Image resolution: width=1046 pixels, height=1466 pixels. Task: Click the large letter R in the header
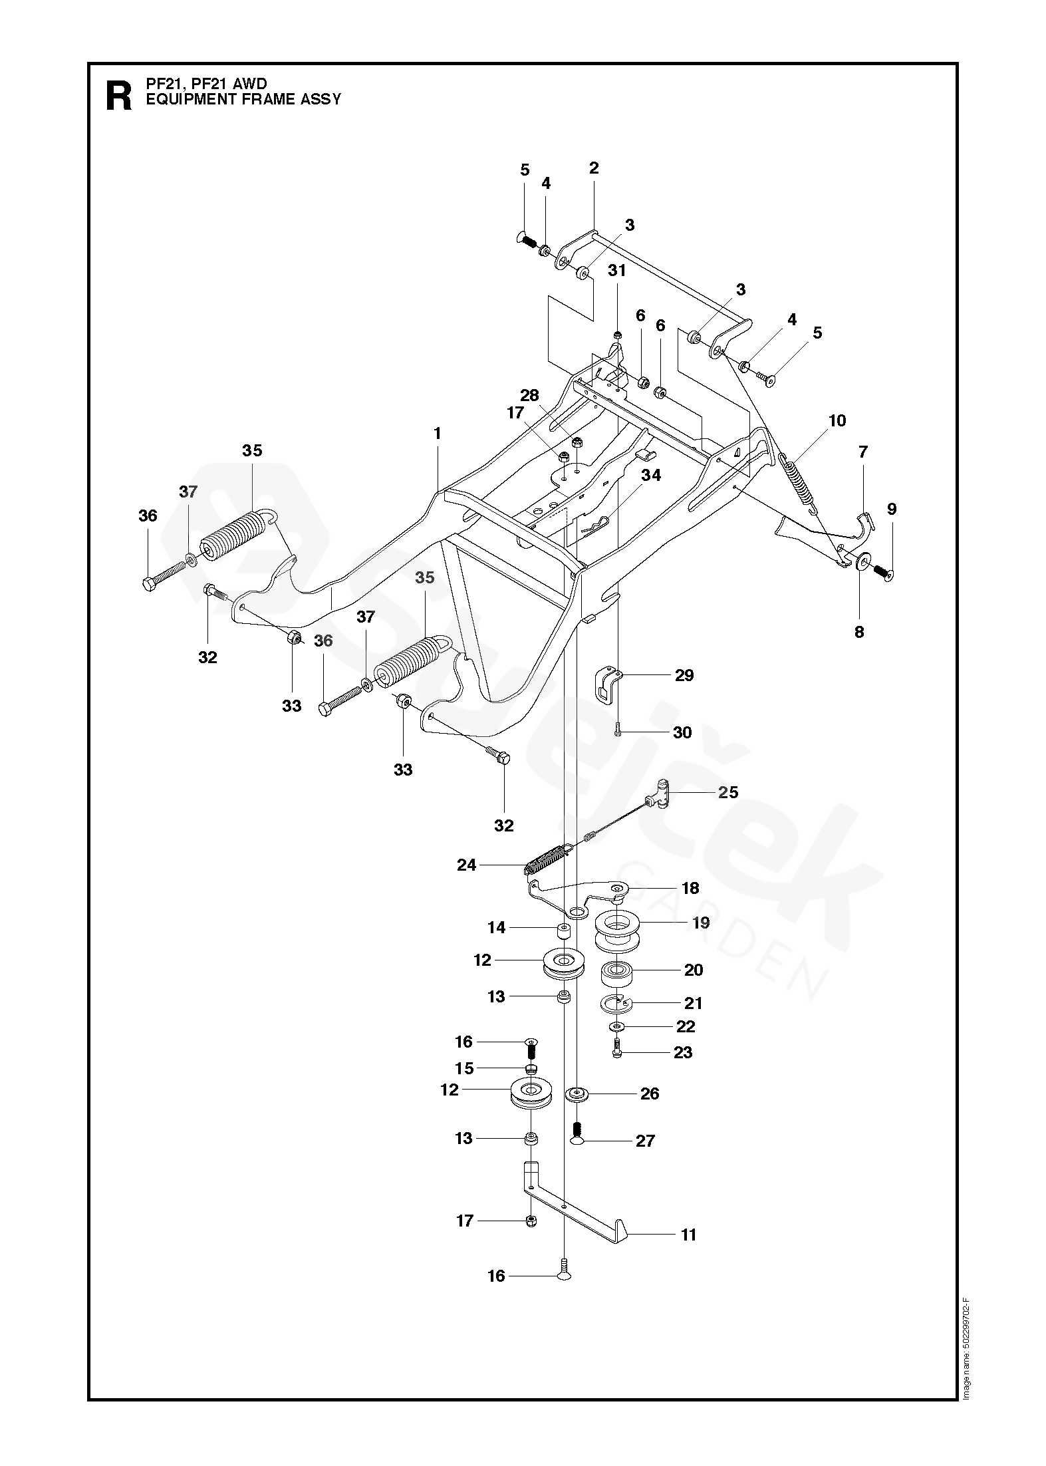119,97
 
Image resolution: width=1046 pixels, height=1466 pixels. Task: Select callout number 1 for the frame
437,434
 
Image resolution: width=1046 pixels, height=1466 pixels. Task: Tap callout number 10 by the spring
837,420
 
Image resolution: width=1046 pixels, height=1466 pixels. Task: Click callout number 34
651,475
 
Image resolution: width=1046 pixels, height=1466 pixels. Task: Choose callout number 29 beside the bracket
684,676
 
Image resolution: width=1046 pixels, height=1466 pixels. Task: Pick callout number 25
728,792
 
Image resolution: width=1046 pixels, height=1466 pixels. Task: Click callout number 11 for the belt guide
688,1235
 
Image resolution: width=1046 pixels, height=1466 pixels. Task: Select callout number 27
645,1141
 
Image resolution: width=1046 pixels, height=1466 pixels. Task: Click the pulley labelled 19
619,931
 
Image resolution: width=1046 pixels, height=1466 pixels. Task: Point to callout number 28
529,395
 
